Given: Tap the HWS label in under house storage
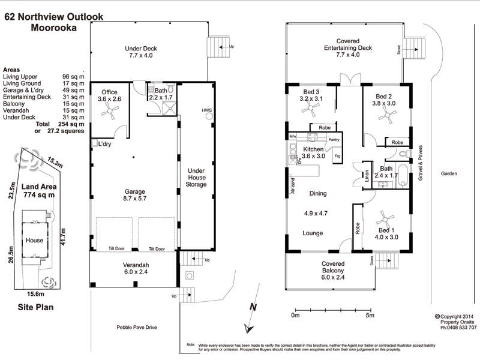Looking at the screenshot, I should pos(207,110).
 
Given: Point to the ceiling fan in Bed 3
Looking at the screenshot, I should pos(310,109).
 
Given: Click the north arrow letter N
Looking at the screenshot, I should pos(253,307).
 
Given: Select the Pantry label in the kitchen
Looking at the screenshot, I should pos(334,139).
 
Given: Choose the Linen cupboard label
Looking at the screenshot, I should pos(366,177).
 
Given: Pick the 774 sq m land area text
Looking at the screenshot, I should pos(39,195).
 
